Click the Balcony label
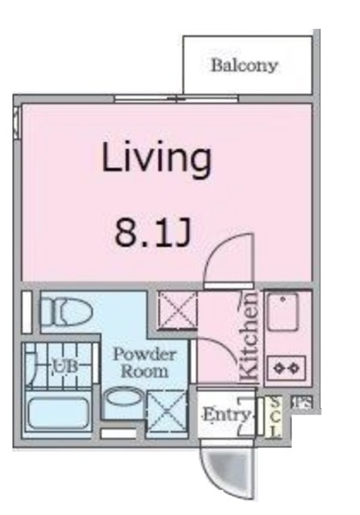[244, 65]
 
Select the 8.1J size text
[152, 233]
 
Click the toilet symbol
[65, 311]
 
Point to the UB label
[64, 368]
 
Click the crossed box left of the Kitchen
[176, 311]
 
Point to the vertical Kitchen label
[250, 337]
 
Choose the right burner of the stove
[294, 368]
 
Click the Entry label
[219, 414]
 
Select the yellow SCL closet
[275, 417]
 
